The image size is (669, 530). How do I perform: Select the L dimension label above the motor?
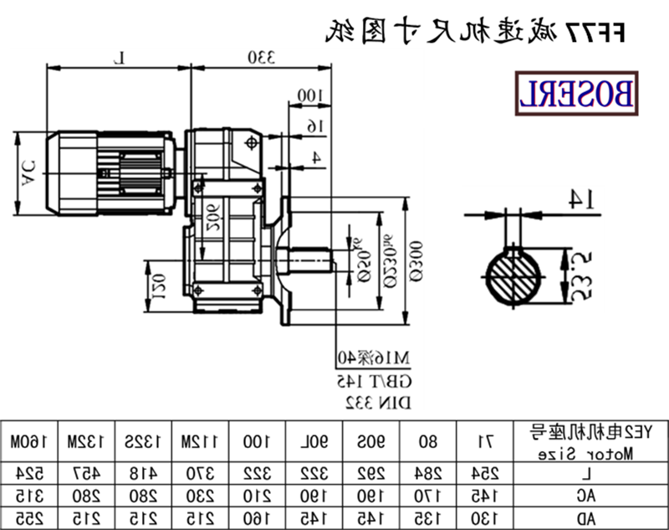pos(120,57)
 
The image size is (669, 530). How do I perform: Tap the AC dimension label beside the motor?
pos(28,173)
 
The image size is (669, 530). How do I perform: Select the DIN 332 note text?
pos(376,404)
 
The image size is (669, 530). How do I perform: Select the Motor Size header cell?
pos(591,440)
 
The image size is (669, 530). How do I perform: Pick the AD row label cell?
pos(591,517)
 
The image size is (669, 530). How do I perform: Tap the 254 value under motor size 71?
pos(484,472)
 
